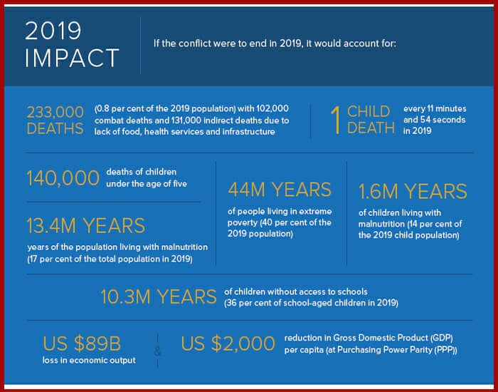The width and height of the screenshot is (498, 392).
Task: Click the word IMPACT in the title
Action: coord(72,58)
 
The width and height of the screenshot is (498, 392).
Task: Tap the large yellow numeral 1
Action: coord(335,120)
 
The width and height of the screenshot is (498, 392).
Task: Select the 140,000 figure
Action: coord(63,178)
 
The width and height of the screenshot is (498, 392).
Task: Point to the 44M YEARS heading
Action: coord(280,190)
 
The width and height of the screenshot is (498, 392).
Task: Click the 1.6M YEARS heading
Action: coord(413,191)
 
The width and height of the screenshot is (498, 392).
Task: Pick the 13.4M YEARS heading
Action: coord(86,226)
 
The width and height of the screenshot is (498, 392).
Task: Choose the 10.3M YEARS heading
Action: coord(159,296)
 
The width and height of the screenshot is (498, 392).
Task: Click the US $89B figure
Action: coord(82,344)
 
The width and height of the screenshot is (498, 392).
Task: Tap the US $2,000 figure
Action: coord(228,344)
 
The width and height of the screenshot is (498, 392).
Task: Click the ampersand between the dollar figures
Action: coord(157,351)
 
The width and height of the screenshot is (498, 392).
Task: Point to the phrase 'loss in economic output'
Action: coord(89,360)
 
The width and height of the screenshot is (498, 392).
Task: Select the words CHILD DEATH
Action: coord(371,120)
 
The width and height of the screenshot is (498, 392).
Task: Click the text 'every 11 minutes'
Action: coord(435,108)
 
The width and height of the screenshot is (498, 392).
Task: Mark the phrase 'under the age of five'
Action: coord(147,184)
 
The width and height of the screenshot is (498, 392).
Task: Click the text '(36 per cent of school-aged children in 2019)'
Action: coord(312,303)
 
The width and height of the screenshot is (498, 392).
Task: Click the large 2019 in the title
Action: coord(53,31)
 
